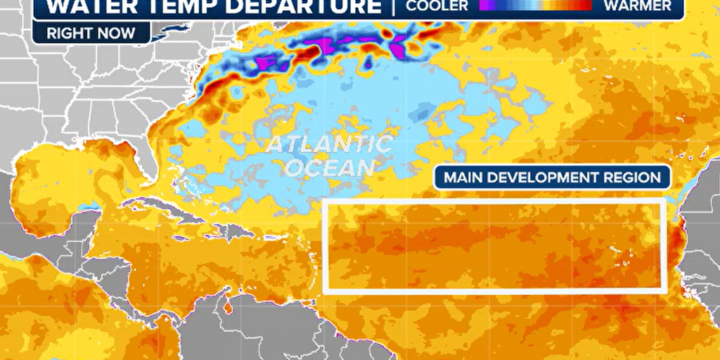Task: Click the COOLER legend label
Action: click(438, 6)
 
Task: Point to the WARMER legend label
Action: click(642, 6)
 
